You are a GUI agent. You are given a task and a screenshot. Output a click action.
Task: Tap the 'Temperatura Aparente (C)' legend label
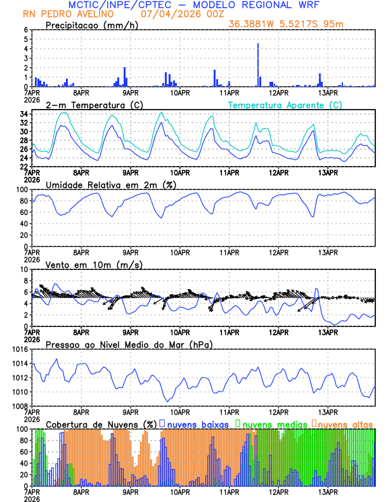pos(285,105)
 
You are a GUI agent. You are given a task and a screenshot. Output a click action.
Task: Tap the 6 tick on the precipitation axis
pos(26,30)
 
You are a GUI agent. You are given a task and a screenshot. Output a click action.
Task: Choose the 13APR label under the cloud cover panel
pos(328,492)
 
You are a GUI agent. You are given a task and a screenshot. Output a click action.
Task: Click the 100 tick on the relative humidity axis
pos(22,190)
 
